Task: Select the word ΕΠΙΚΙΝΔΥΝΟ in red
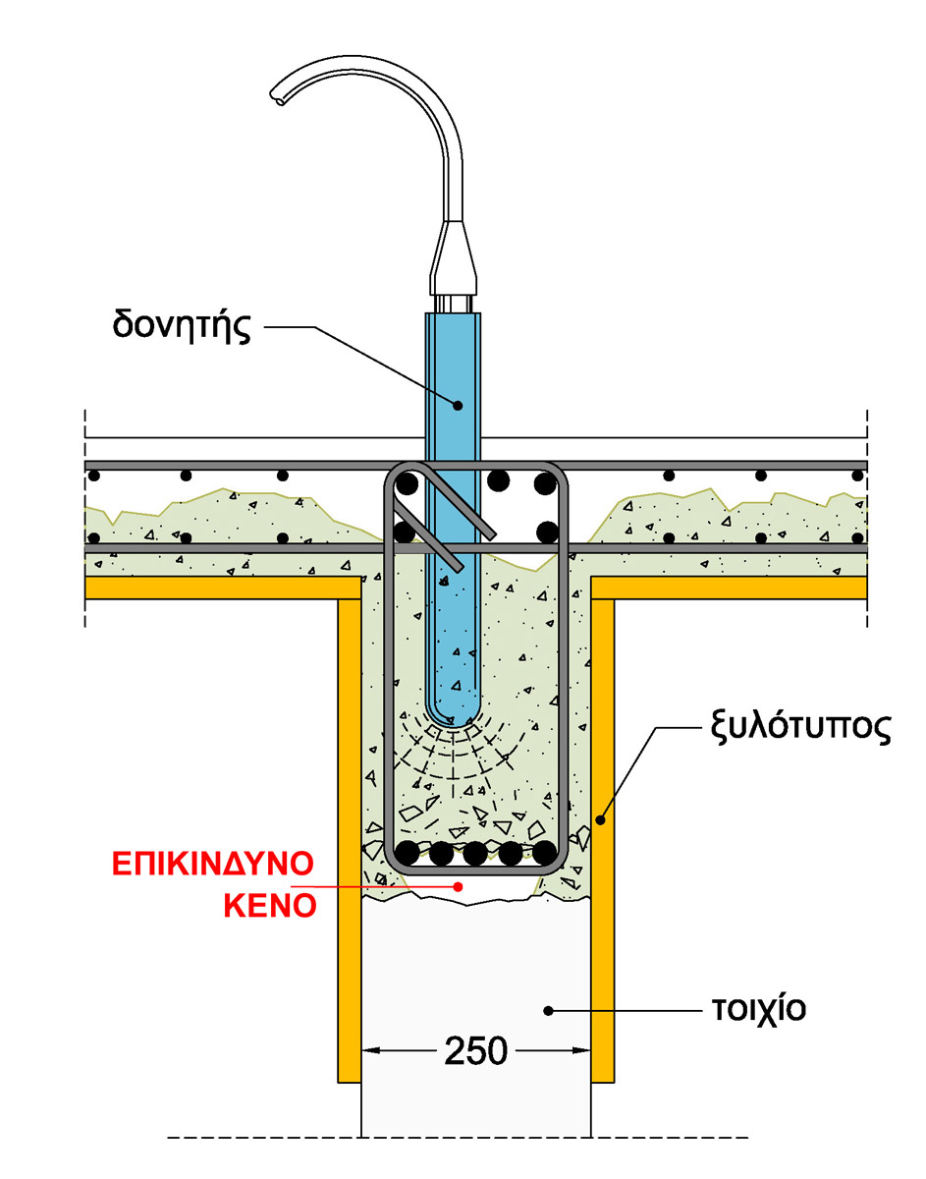(x=212, y=865)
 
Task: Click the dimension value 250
(x=477, y=1051)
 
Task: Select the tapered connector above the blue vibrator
(x=453, y=253)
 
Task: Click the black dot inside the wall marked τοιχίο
(x=549, y=1009)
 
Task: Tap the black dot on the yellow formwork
(x=602, y=817)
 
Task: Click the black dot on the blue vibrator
(x=456, y=402)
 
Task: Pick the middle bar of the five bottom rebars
(x=475, y=853)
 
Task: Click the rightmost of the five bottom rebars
(x=546, y=853)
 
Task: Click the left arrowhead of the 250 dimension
(x=368, y=1051)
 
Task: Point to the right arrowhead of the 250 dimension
(x=585, y=1051)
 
